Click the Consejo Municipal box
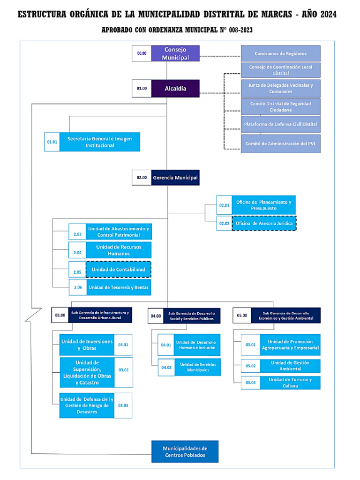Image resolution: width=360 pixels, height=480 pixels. pyautogui.click(x=175, y=53)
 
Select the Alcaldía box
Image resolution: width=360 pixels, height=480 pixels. pyautogui.click(x=175, y=88)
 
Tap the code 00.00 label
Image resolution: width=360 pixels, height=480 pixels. pyautogui.click(x=142, y=53)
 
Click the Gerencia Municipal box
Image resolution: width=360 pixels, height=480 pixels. pyautogui.click(x=175, y=178)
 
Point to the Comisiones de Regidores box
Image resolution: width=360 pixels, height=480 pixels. pyautogui.click(x=280, y=53)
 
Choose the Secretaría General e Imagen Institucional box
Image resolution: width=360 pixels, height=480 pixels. pyautogui.click(x=99, y=142)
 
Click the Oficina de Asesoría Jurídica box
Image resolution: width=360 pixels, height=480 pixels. pyautogui.click(x=264, y=224)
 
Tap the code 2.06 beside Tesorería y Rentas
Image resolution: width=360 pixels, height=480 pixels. pyautogui.click(x=77, y=287)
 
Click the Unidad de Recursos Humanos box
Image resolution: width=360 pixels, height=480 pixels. pyautogui.click(x=119, y=250)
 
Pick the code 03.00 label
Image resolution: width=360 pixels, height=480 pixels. pyautogui.click(x=60, y=315)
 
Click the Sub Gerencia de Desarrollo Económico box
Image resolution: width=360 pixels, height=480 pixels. pyautogui.click(x=285, y=315)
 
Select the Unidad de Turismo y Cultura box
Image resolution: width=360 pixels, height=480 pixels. pyautogui.click(x=290, y=382)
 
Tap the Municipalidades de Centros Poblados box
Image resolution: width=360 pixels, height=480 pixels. pyautogui.click(x=184, y=451)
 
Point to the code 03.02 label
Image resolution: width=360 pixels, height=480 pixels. pyautogui.click(x=123, y=370)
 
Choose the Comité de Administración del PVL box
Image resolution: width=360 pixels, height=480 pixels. pyautogui.click(x=280, y=143)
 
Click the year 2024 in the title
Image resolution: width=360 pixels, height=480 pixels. pyautogui.click(x=325, y=15)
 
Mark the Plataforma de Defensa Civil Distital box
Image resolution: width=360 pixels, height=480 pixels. pyautogui.click(x=280, y=124)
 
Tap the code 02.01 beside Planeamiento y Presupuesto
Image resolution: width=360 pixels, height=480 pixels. pyautogui.click(x=225, y=205)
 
